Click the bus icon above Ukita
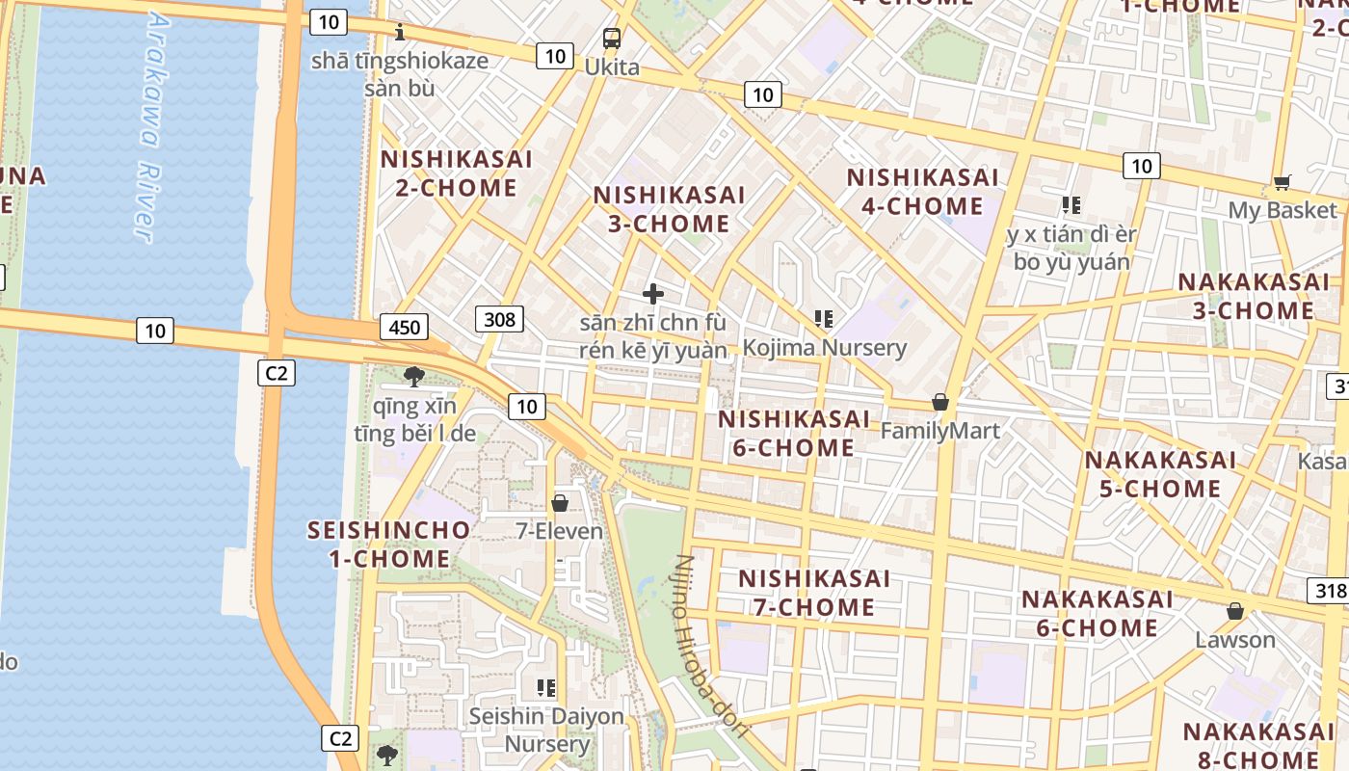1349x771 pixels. click(612, 39)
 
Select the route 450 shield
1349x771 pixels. click(405, 328)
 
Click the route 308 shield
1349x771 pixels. click(499, 319)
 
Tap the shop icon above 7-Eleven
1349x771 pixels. click(560, 503)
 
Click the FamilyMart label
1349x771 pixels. click(940, 430)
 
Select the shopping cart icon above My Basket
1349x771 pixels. click(1282, 182)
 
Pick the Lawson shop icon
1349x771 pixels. click(1235, 612)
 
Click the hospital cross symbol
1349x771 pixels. click(653, 294)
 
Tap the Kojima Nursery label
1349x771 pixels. click(825, 347)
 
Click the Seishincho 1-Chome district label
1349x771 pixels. click(389, 544)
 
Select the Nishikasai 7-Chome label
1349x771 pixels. click(814, 593)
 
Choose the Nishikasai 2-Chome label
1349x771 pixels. click(457, 173)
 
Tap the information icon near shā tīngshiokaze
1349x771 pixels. click(400, 34)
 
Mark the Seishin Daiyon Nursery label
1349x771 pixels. click(546, 730)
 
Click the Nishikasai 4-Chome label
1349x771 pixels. click(922, 192)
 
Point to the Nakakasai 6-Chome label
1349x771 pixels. click(1098, 614)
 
